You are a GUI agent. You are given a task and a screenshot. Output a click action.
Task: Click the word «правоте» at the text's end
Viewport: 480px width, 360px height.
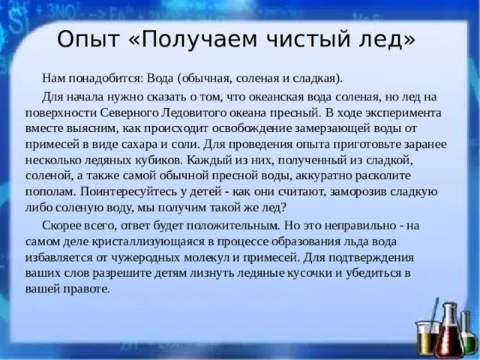pyautogui.click(x=88, y=288)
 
